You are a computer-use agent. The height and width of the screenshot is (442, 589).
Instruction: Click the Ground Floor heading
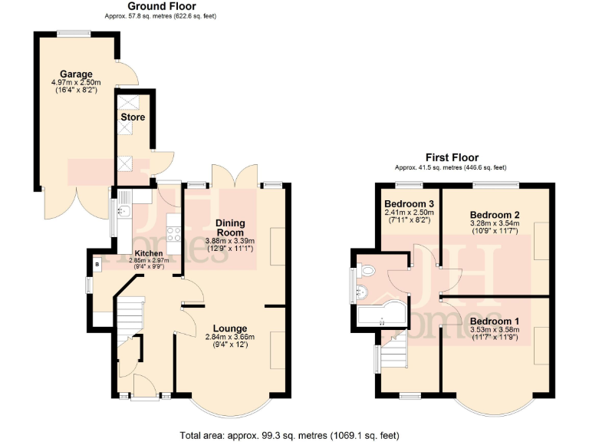(x=161, y=6)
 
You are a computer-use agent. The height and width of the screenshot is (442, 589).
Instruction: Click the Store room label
(x=133, y=117)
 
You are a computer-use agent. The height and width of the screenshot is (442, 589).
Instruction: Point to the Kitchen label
(x=149, y=252)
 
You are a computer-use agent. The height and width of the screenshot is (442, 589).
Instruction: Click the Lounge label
(x=230, y=328)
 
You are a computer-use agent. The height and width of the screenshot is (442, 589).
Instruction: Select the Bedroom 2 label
(x=495, y=213)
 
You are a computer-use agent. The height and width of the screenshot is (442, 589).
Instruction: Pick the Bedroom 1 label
(x=495, y=321)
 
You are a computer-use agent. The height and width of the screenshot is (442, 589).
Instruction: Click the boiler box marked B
(x=97, y=264)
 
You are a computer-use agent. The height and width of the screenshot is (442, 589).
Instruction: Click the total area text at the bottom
(x=289, y=435)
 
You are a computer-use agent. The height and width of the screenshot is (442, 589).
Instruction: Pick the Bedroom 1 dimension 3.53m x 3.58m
(x=495, y=331)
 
